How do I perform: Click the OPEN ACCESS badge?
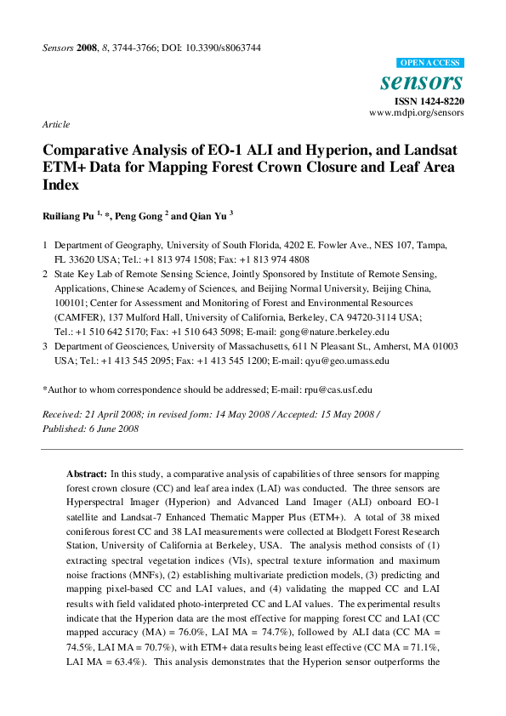pyautogui.click(x=430, y=63)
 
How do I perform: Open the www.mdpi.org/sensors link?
pyautogui.click(x=416, y=112)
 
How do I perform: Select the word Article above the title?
pyautogui.click(x=55, y=124)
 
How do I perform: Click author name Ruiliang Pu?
pyautogui.click(x=68, y=216)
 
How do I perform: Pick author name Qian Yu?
pyautogui.click(x=207, y=216)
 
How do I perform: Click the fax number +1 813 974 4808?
pyautogui.click(x=278, y=259)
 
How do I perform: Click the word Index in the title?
pyautogui.click(x=59, y=184)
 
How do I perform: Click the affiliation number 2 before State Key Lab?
pyautogui.click(x=45, y=274)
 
